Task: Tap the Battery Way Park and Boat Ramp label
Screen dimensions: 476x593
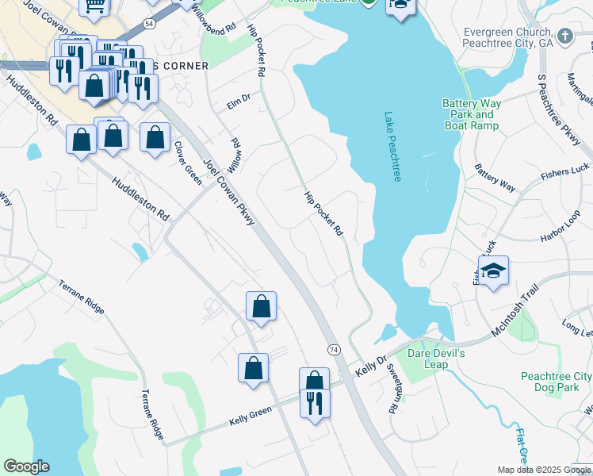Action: pos(471,115)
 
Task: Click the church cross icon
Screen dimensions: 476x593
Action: pos(564,36)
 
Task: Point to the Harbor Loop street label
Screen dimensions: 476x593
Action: pos(561,227)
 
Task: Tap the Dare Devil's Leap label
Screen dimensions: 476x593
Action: pos(429,359)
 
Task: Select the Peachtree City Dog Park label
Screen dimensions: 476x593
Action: pos(556,382)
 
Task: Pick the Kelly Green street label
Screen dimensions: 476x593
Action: pos(251,414)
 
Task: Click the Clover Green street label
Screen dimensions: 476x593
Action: pos(189,163)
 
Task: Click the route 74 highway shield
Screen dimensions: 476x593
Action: pos(334,350)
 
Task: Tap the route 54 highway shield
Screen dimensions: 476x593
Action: pos(149,25)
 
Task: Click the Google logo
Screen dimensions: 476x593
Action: pos(26,466)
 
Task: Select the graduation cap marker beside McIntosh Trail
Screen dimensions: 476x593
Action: pos(494,273)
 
